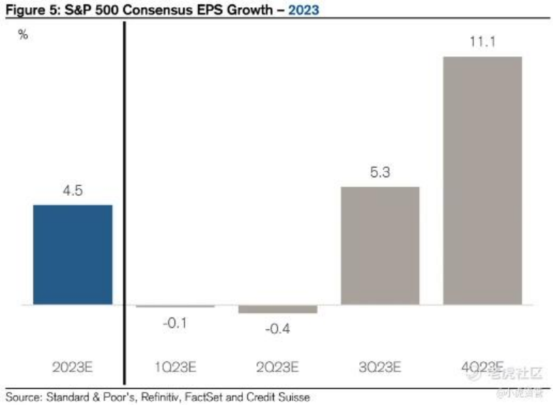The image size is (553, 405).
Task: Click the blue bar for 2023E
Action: coord(73,255)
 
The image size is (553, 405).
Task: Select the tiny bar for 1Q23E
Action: coord(175,307)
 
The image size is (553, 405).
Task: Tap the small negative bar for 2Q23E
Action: coord(277,310)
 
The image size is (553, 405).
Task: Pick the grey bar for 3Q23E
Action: coord(380,246)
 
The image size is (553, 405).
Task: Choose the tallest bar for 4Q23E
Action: coord(482,180)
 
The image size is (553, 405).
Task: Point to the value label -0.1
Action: coord(175,323)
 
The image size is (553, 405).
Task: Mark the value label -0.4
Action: coord(277,329)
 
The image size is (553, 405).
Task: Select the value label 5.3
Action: coord(380,173)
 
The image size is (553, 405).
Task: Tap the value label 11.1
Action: coord(482,42)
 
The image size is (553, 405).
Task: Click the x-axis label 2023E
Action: coord(73,368)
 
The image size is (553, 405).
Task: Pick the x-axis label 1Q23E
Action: coord(175,368)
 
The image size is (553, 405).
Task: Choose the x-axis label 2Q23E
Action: coord(277,368)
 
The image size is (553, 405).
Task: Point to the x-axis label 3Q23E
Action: coord(380,368)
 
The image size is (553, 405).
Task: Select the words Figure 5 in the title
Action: coord(24,9)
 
